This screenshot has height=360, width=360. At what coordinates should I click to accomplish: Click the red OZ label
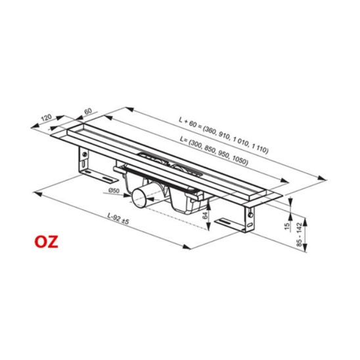click(x=47, y=242)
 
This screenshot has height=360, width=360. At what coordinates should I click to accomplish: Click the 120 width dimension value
click(x=46, y=118)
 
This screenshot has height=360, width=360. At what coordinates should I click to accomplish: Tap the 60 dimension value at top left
click(x=88, y=111)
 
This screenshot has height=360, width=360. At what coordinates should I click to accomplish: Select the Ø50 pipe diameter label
click(x=114, y=191)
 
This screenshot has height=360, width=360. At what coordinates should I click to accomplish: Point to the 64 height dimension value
click(x=205, y=215)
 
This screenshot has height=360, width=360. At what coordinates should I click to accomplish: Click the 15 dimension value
click(x=287, y=226)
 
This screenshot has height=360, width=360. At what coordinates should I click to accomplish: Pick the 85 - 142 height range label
click(x=300, y=235)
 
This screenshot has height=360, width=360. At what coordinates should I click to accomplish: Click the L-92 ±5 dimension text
click(x=118, y=219)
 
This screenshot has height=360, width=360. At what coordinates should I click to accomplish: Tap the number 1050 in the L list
click(x=240, y=160)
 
